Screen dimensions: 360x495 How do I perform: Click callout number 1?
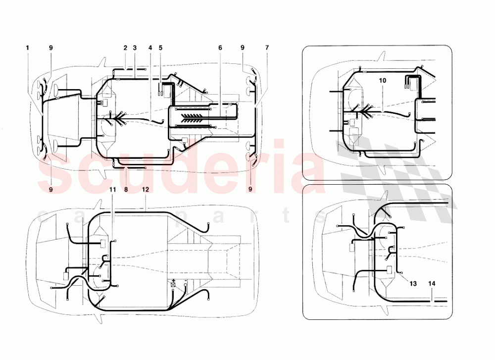tap(27, 48)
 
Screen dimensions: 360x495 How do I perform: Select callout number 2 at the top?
tap(126, 48)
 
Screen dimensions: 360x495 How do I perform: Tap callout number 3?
tap(134, 48)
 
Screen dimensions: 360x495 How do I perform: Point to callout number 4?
tap(150, 48)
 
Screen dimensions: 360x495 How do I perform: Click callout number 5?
tap(160, 48)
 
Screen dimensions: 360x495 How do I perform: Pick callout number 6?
tap(220, 48)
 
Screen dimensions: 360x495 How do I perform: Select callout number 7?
tap(267, 48)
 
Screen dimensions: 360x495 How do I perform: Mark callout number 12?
tap(145, 189)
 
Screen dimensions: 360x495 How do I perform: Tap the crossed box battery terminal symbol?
tap(173, 285)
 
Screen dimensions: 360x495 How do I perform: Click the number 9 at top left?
tap(50, 48)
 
